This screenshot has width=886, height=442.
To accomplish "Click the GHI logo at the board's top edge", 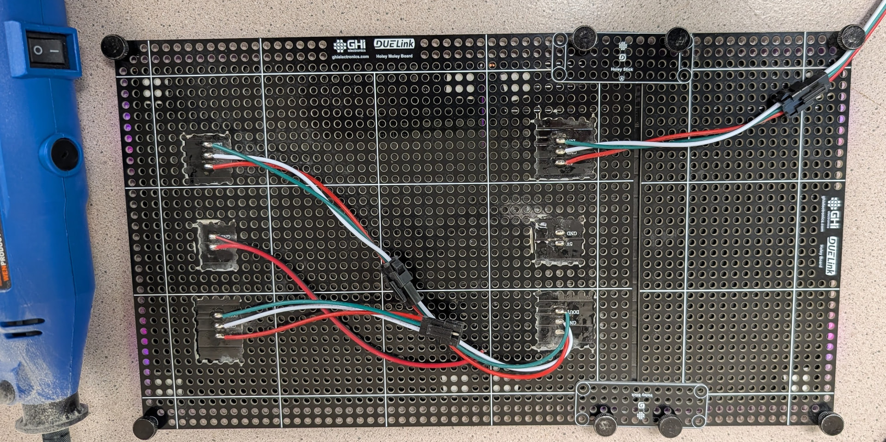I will pos(350,45).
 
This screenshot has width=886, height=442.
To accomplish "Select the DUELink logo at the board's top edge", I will pos(394,44).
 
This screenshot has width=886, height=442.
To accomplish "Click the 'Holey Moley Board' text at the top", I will pos(394,56).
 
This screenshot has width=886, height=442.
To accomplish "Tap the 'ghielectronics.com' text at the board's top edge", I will pos(350,57).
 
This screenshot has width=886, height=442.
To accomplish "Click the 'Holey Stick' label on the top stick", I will pos(622,70).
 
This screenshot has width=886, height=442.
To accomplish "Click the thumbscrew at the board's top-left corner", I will pos(114,47).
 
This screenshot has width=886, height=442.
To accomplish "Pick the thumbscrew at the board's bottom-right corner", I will pos(831,423).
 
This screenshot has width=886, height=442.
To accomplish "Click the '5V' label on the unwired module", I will pos(569,244).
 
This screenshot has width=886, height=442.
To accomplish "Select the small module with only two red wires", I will pos(216,244).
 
